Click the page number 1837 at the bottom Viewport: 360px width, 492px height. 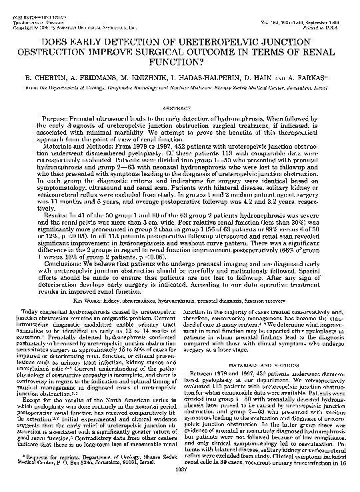(180, 485)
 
